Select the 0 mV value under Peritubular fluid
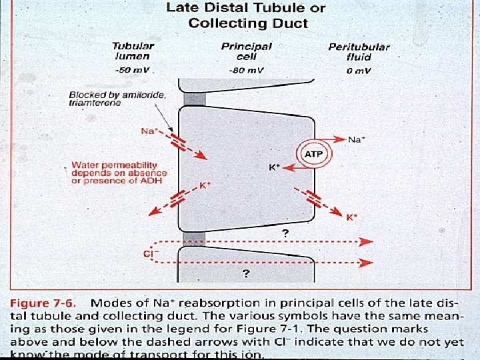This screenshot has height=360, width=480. pos(359,70)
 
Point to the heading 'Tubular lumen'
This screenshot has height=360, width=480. pos(133,51)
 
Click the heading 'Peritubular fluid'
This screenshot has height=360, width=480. pos(359,52)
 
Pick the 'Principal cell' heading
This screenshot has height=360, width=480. pos(246,51)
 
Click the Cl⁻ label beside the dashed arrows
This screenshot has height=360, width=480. pos(151,253)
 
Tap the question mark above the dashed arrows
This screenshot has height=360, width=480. pos(285,233)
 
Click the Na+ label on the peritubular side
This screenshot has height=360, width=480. pos(356,139)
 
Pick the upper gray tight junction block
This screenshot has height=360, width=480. pos(195,99)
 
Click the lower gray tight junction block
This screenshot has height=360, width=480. pos(194,239)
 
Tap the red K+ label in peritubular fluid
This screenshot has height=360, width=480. pos(351,217)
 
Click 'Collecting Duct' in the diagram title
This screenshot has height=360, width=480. pos(248,23)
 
